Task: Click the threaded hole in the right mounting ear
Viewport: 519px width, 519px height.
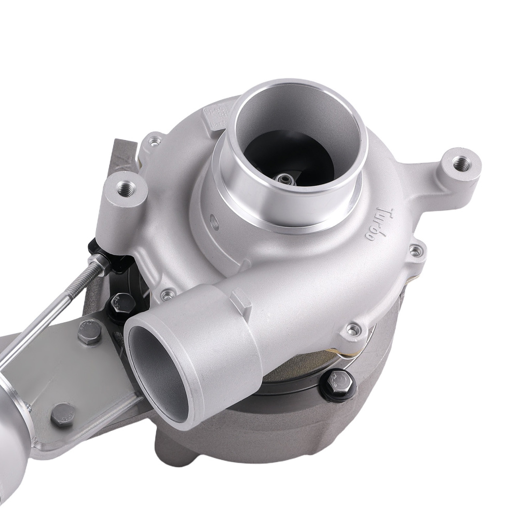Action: pos(459,165)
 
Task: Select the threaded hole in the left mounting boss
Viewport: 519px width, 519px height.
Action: pos(124,187)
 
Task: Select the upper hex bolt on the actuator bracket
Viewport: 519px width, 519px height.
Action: pos(89,332)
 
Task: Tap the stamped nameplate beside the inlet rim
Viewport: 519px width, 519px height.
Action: pos(215,117)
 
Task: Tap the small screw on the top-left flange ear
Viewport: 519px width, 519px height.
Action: pos(154,140)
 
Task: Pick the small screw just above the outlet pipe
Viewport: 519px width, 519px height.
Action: pos(167,295)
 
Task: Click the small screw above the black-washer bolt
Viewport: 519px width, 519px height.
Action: pos(352,330)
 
